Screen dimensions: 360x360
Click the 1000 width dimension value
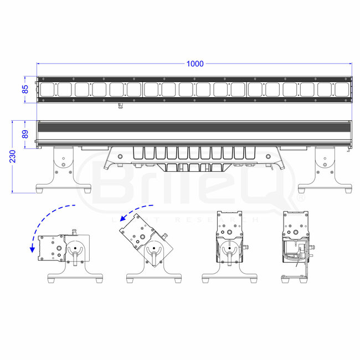(x=194, y=64)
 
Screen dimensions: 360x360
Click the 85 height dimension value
(x=25, y=89)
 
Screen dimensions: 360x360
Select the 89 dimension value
(x=25, y=133)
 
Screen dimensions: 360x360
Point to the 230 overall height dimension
(x=13, y=157)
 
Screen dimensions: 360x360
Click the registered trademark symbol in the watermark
(x=301, y=197)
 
